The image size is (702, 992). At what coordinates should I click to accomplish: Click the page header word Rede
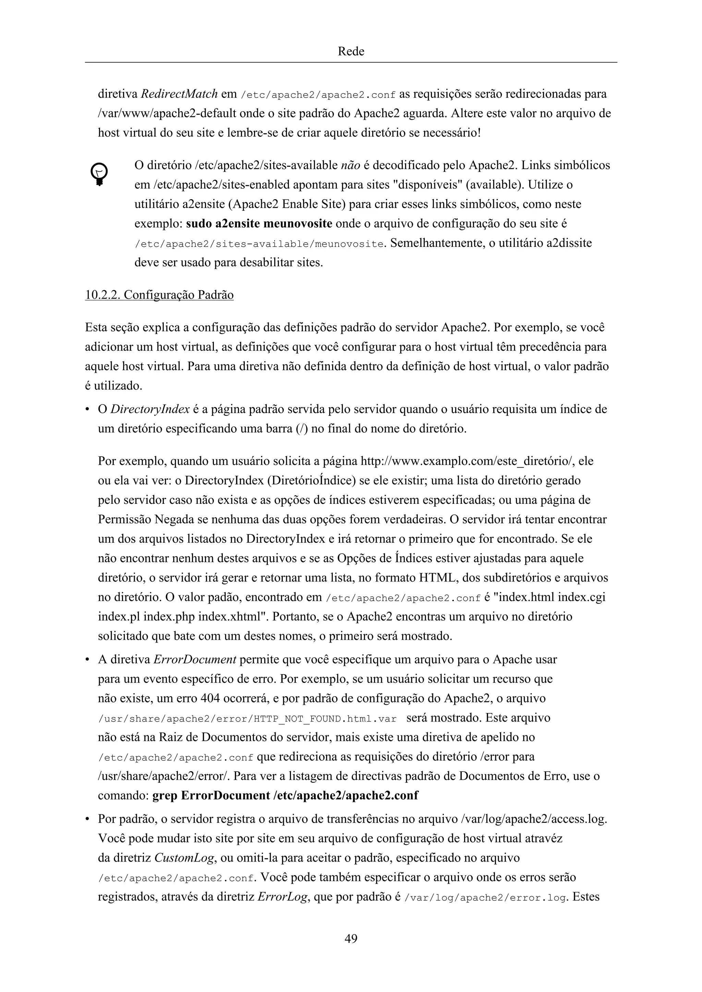point(351,51)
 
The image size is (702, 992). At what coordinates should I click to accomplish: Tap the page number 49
point(351,938)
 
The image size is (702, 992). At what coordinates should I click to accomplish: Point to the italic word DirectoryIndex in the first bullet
point(150,409)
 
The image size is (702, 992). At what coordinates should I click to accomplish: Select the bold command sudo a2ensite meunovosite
point(259,224)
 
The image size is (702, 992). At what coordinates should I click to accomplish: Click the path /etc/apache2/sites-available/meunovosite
point(259,244)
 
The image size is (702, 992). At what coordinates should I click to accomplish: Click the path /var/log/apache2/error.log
point(485,898)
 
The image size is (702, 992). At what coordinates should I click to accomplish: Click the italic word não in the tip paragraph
point(351,165)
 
